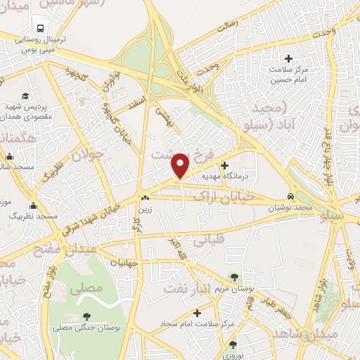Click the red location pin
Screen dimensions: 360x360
coord(181,165)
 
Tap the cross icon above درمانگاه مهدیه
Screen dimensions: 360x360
coord(225,166)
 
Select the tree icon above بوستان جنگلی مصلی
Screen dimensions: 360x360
coord(86,316)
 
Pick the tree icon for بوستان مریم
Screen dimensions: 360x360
coord(234,278)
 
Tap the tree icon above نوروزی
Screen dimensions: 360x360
coord(233,345)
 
